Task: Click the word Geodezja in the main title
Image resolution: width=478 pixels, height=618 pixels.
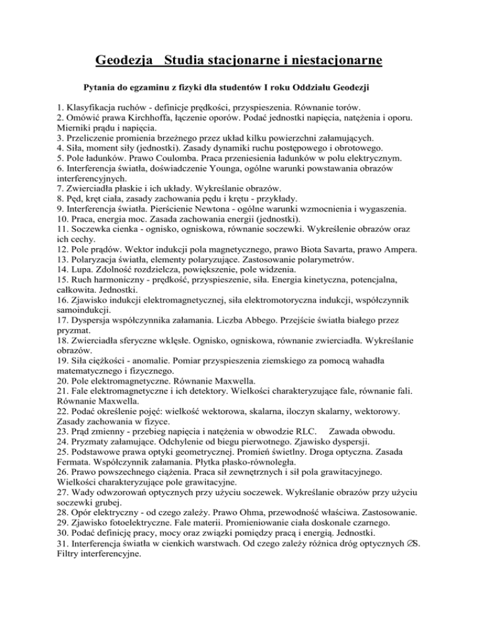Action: [124, 62]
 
